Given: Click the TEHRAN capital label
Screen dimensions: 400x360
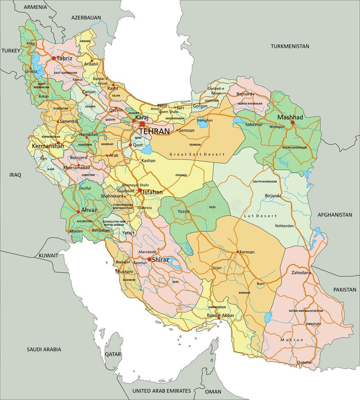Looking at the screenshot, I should coord(154,131).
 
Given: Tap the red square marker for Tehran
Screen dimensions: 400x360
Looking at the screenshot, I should coord(142,124).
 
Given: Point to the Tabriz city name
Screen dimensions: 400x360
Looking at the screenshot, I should coord(64,58).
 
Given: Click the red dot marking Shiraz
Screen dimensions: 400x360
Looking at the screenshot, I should coord(149,259).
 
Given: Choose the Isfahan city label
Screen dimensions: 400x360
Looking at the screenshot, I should coord(153,192).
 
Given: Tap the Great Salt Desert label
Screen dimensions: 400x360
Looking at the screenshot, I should coord(197,154).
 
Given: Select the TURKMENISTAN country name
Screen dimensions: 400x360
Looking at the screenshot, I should coord(290,46).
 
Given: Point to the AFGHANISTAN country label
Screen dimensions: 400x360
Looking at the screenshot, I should coord(334,215).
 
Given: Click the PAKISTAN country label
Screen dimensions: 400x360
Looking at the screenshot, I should coord(345,290).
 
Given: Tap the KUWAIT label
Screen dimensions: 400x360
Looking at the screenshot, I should coord(48,255).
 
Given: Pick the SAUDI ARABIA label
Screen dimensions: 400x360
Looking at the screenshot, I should coord(44,349).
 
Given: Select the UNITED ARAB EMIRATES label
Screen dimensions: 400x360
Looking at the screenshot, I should coord(162,391).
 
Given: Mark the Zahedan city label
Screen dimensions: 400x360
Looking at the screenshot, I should coord(300,272).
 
